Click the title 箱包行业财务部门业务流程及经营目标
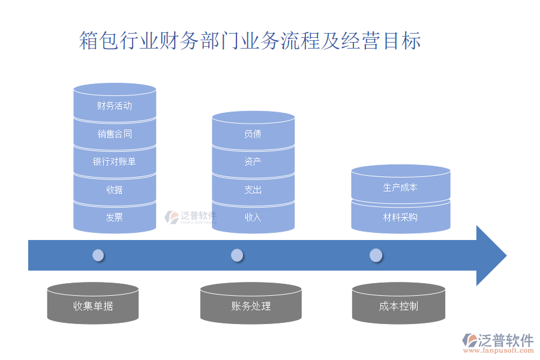(250, 41)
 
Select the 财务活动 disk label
(115, 106)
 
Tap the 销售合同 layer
(115, 134)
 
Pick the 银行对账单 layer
(115, 161)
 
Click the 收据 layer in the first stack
(115, 190)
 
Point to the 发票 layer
(115, 217)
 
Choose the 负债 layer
(253, 134)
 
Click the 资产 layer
(253, 161)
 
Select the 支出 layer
(253, 190)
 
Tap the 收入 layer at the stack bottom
(253, 217)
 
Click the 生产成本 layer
(400, 188)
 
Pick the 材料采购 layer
(400, 217)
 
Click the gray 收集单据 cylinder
(93, 306)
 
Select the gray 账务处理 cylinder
(251, 306)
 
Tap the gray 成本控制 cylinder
(398, 306)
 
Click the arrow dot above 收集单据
(98, 256)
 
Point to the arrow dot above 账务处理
(237, 256)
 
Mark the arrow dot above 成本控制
(376, 256)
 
